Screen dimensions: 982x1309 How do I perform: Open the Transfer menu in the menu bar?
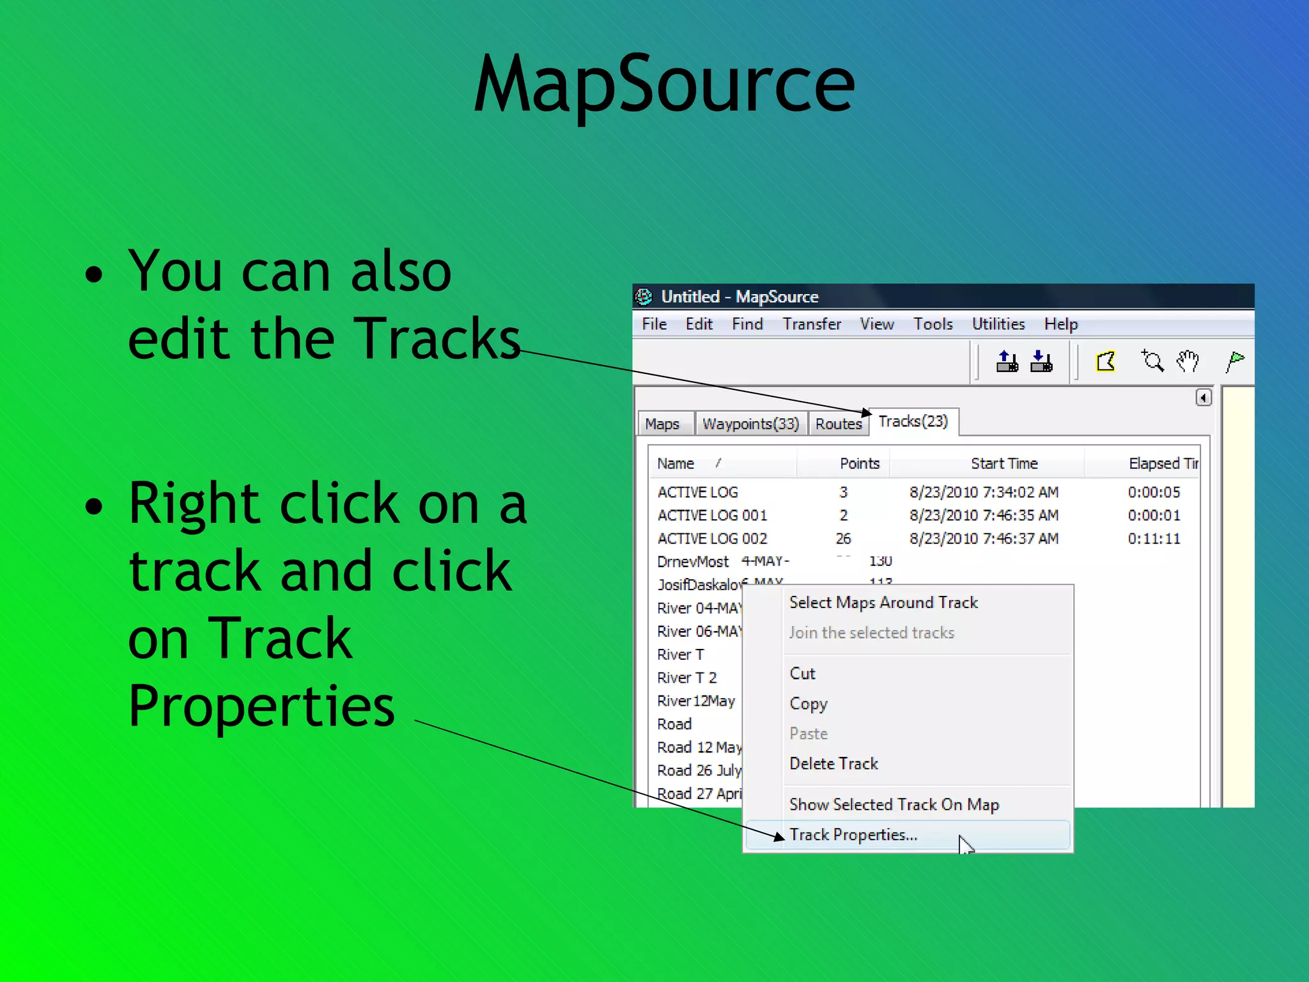[x=812, y=324]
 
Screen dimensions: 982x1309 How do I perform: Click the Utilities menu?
[x=998, y=324]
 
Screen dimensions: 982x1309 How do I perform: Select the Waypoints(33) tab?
[x=750, y=424]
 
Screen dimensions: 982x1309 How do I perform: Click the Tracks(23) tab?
[x=913, y=421]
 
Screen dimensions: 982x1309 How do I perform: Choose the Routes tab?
[x=839, y=424]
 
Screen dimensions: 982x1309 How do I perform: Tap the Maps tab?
[x=662, y=424]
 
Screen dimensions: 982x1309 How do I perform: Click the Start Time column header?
[x=1004, y=464]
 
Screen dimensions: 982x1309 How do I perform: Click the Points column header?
[x=859, y=464]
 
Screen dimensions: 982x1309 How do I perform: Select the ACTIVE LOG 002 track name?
[x=712, y=539]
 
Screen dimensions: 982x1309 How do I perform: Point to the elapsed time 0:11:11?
[x=1154, y=539]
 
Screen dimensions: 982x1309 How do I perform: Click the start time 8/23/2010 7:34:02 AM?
[x=984, y=492]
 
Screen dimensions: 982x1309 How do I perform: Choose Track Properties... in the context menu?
[x=853, y=835]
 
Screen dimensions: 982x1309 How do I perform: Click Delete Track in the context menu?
[x=833, y=763]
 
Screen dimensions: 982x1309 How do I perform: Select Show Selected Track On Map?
[x=894, y=804]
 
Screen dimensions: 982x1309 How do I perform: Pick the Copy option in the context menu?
[x=809, y=703]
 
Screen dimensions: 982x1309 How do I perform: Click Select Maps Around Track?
[x=883, y=602]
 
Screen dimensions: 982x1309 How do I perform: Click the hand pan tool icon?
[x=1188, y=362]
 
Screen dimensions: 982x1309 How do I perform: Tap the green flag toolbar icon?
[x=1235, y=362]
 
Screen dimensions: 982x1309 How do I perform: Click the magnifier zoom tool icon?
[x=1153, y=362]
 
